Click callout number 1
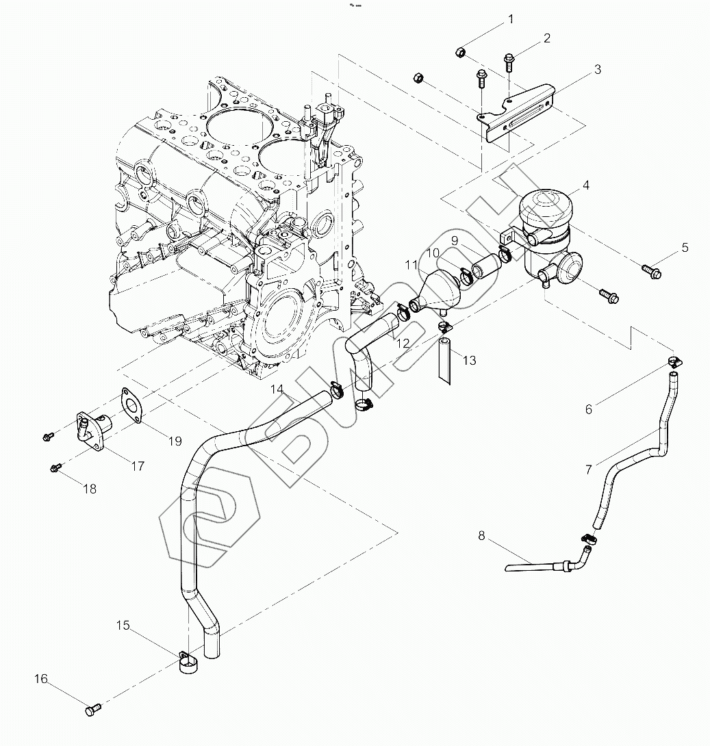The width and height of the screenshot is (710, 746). tap(510, 20)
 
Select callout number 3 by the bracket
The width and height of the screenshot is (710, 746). tap(597, 69)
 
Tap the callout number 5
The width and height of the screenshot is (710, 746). tap(685, 248)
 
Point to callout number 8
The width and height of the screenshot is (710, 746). tap(481, 536)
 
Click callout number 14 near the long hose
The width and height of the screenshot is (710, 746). tap(277, 389)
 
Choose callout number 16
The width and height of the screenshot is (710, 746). tap(41, 679)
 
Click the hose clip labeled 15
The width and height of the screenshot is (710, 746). tap(188, 662)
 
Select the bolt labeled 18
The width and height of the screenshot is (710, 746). tap(57, 467)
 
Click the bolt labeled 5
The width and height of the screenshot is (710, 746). tap(648, 269)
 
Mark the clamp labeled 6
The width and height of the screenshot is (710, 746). tap(674, 363)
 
